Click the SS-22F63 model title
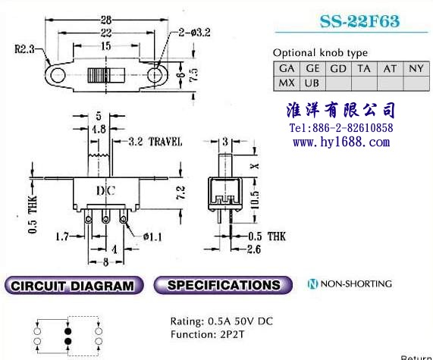point(359,21)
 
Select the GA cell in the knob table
point(287,68)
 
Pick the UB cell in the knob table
point(312,83)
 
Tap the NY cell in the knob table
point(416,68)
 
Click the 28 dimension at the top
point(105,20)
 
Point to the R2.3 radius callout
point(24,49)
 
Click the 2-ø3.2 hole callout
point(194,33)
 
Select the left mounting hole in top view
point(58,75)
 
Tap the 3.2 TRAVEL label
point(155,142)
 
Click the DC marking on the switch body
point(105,191)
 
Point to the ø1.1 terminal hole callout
point(152,237)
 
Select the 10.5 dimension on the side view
point(255,200)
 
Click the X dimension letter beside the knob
point(255,166)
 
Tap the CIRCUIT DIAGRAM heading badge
point(74,285)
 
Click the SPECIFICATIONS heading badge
point(223,285)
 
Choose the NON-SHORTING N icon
point(312,284)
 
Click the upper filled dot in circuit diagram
point(68,331)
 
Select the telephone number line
point(341,128)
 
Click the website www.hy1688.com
point(341,142)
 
